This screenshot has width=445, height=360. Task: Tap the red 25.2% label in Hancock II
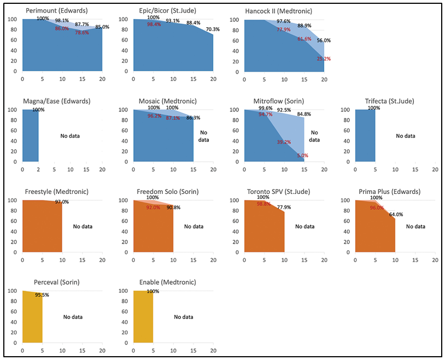tap(323, 58)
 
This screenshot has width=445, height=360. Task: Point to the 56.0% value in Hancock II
tap(324, 40)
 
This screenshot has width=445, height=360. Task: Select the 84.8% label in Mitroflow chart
tap(304, 114)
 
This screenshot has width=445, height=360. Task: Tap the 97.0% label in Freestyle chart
tap(62, 202)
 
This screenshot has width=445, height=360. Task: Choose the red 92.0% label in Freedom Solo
tap(153, 208)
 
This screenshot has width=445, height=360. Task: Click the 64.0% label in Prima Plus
tap(396, 215)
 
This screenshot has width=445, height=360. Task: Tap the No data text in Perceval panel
tap(73, 317)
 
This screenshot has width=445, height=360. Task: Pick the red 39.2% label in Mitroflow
tap(284, 142)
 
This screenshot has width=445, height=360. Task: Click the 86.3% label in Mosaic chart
tap(193, 117)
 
